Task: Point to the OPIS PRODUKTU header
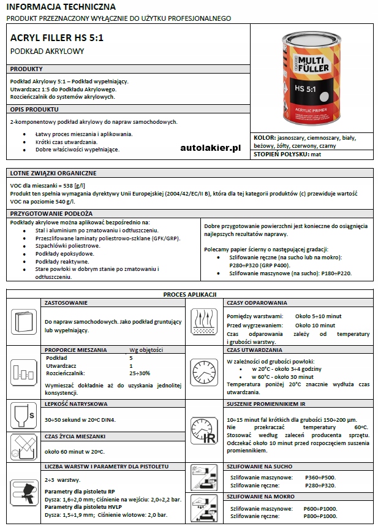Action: tap(34, 109)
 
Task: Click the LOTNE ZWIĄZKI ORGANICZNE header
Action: tap(53, 173)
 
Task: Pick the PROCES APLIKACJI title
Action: tap(189, 294)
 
